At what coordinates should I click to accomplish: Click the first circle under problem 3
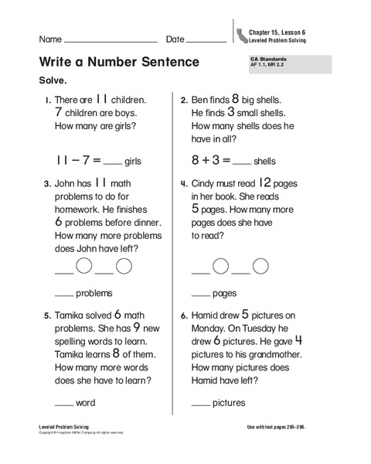[84, 267]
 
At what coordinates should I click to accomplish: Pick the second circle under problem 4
[261, 267]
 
